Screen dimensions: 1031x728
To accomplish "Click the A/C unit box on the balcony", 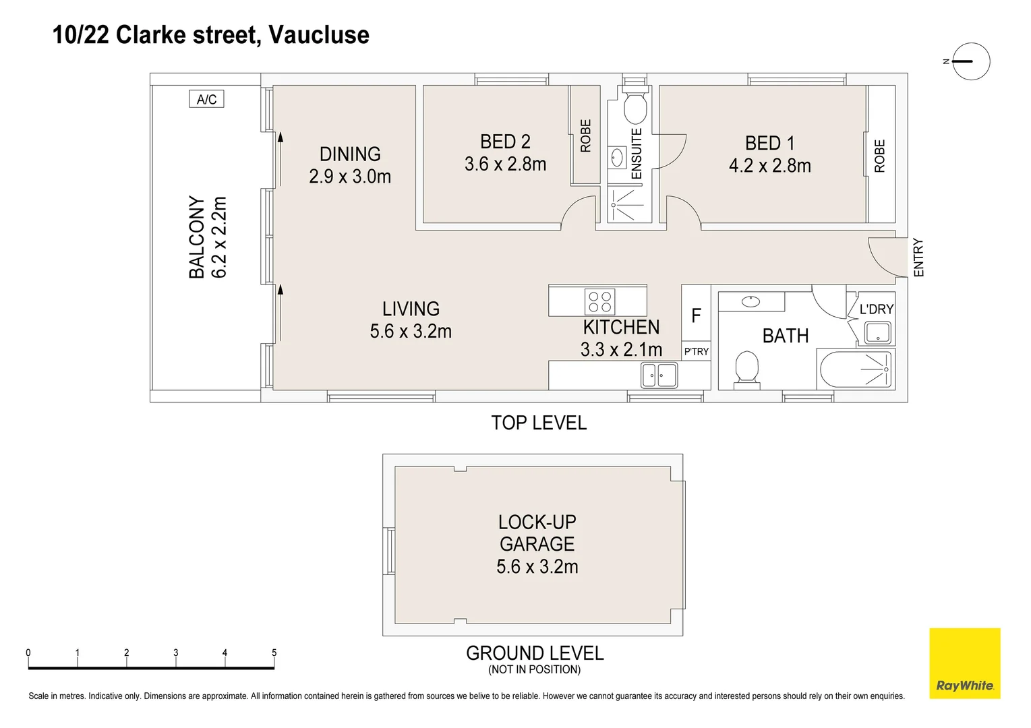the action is [x=206, y=99].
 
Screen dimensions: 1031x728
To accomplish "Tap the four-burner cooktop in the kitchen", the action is [x=600, y=302].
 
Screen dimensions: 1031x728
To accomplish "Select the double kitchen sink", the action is [x=659, y=375].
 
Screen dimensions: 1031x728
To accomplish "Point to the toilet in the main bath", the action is [x=746, y=367].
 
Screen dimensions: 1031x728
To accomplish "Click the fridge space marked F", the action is [x=696, y=315].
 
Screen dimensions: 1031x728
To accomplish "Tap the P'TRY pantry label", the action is [x=696, y=352].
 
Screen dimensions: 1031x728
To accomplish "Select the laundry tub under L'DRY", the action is [x=878, y=333].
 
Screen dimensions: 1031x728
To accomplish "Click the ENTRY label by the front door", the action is [x=918, y=257].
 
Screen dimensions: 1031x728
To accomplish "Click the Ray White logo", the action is [x=965, y=663].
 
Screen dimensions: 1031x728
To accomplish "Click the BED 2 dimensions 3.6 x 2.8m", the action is [x=505, y=164].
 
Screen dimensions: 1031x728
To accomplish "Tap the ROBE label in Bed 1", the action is [x=879, y=156].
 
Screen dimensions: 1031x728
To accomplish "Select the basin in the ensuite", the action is [x=617, y=158].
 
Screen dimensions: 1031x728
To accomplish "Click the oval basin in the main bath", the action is [x=750, y=301].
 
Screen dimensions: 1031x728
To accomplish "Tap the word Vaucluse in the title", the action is [x=318, y=35].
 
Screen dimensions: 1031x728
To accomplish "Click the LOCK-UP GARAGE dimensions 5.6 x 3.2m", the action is [x=537, y=566].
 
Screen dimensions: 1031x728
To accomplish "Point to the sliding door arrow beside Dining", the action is [x=281, y=159].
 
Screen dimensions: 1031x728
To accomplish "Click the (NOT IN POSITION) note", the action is [x=534, y=669].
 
